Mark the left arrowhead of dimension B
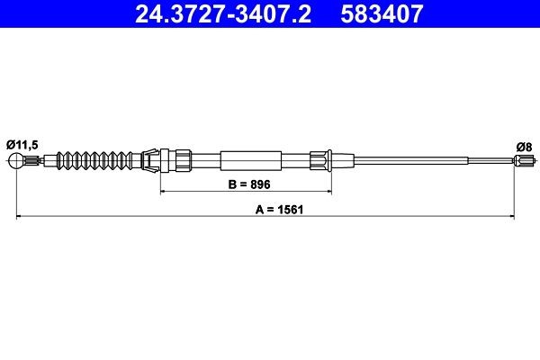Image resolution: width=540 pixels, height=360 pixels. pos(163,192)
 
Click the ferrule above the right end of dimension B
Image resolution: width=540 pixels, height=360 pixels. pos(320,162)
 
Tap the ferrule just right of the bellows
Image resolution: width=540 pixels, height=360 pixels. pos(150,162)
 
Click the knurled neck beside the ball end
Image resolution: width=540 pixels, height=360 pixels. pos(34,162)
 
